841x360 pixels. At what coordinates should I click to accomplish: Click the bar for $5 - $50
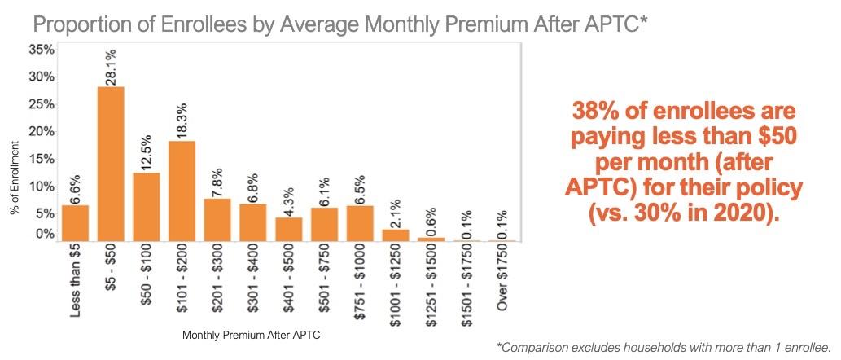point(111,164)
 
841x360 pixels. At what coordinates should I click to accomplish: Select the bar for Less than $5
point(75,222)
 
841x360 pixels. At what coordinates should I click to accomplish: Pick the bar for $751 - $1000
point(360,222)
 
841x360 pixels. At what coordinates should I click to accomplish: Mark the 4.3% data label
point(289,197)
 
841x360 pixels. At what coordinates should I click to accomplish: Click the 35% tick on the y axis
point(42,49)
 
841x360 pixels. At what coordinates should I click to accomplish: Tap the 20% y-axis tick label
point(42,131)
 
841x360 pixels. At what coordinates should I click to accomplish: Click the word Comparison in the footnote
point(538,347)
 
